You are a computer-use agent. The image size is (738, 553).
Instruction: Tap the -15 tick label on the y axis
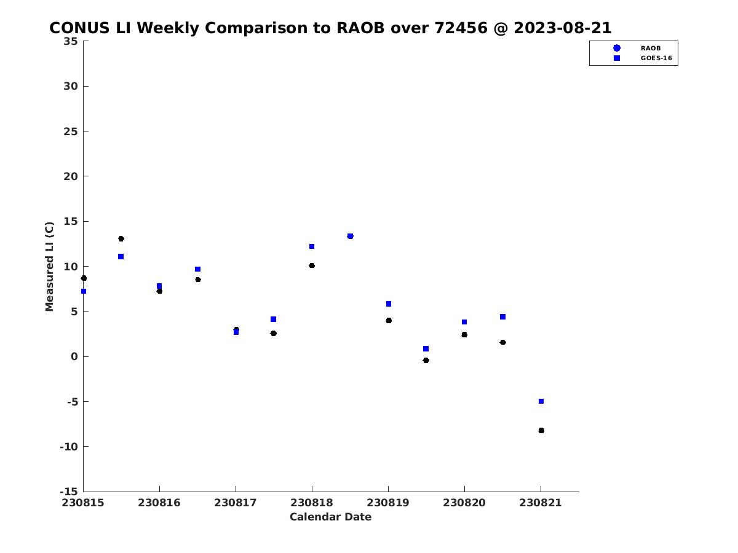click(x=69, y=492)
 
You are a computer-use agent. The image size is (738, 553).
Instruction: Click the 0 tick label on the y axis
click(x=74, y=356)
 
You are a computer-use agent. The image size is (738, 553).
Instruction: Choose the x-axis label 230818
click(x=311, y=503)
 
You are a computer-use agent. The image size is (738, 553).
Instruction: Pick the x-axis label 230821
click(x=541, y=503)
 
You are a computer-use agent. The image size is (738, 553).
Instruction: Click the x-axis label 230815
click(x=82, y=503)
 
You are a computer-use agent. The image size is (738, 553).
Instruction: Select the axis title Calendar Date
click(x=330, y=517)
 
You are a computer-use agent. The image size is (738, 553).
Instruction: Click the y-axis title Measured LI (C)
click(x=49, y=267)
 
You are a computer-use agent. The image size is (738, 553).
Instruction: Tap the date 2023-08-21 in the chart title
click(x=563, y=28)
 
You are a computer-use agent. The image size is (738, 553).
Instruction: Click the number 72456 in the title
click(x=461, y=28)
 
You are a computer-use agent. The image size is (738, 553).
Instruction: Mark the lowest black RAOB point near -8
click(x=541, y=431)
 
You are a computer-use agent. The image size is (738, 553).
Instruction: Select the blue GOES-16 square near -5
click(x=541, y=401)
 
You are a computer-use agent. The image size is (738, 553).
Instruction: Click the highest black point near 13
click(x=121, y=239)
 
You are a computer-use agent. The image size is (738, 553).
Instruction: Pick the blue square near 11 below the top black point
click(x=121, y=256)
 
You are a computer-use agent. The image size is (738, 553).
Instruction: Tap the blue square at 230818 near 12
click(x=312, y=246)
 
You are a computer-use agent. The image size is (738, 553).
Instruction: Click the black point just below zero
click(x=426, y=360)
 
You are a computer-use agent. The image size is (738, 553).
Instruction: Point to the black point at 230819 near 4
click(x=389, y=321)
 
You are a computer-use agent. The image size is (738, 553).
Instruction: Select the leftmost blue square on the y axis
click(x=84, y=291)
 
